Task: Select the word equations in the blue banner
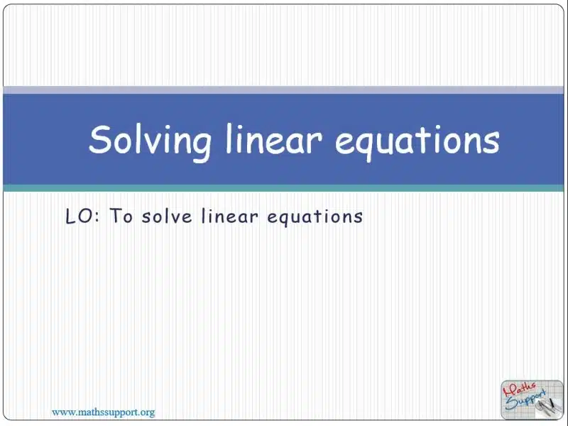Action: (417, 143)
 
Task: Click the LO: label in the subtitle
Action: (83, 217)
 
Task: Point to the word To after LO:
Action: (121, 216)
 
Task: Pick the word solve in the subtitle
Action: (167, 216)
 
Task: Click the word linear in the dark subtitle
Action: (230, 216)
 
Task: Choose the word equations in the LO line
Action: (315, 217)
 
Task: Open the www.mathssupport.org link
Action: (104, 413)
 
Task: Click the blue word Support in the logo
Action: (525, 400)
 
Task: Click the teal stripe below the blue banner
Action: (283, 188)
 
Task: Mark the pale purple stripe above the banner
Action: (283, 90)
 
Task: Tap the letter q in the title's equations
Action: (373, 146)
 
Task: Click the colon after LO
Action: (97, 217)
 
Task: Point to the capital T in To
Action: (116, 216)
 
